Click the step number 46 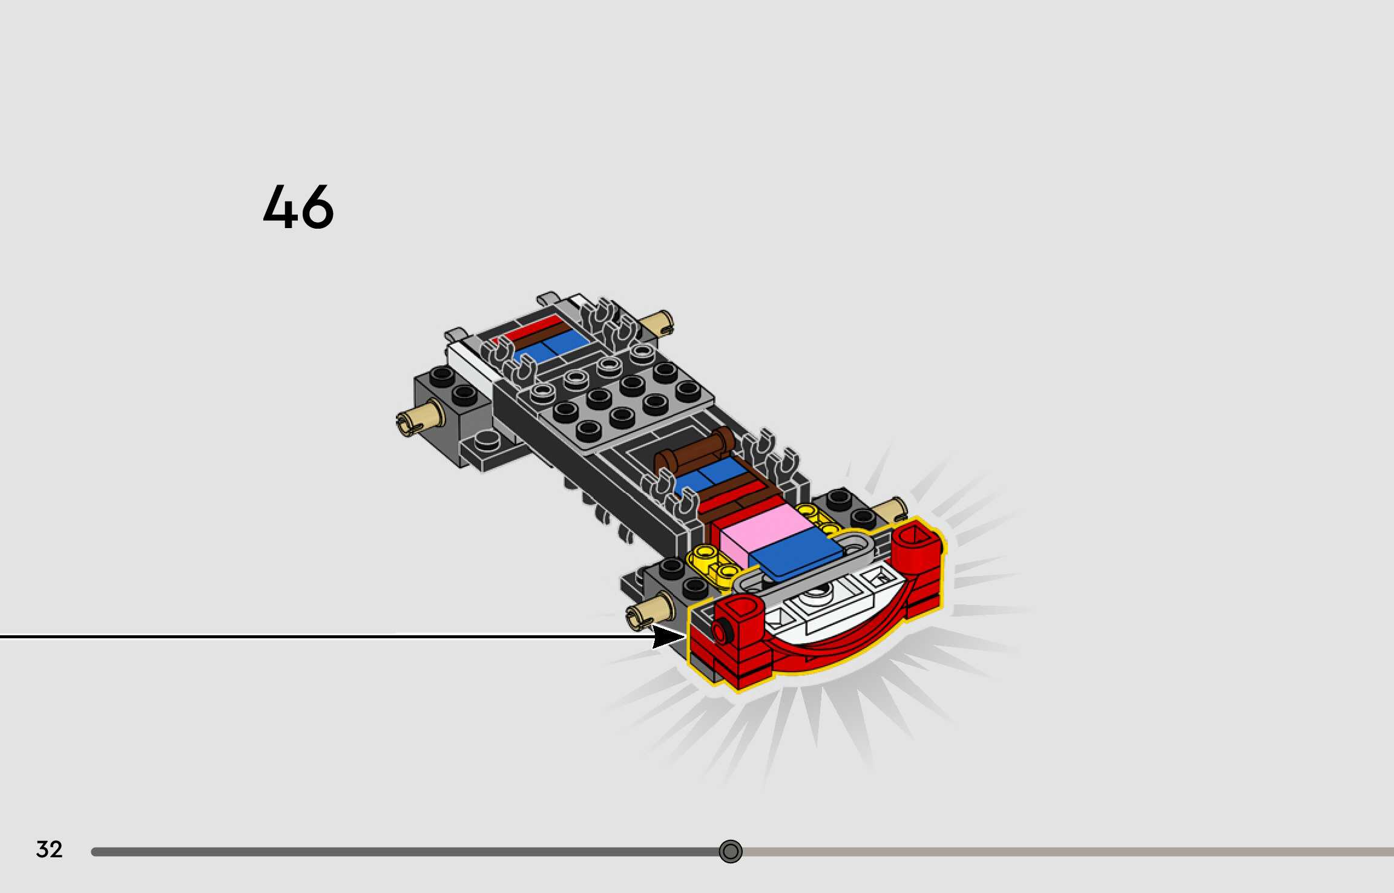(298, 207)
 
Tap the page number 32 (49, 849)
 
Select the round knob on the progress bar (730, 851)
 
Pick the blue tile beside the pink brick (795, 554)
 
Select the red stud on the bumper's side (720, 632)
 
